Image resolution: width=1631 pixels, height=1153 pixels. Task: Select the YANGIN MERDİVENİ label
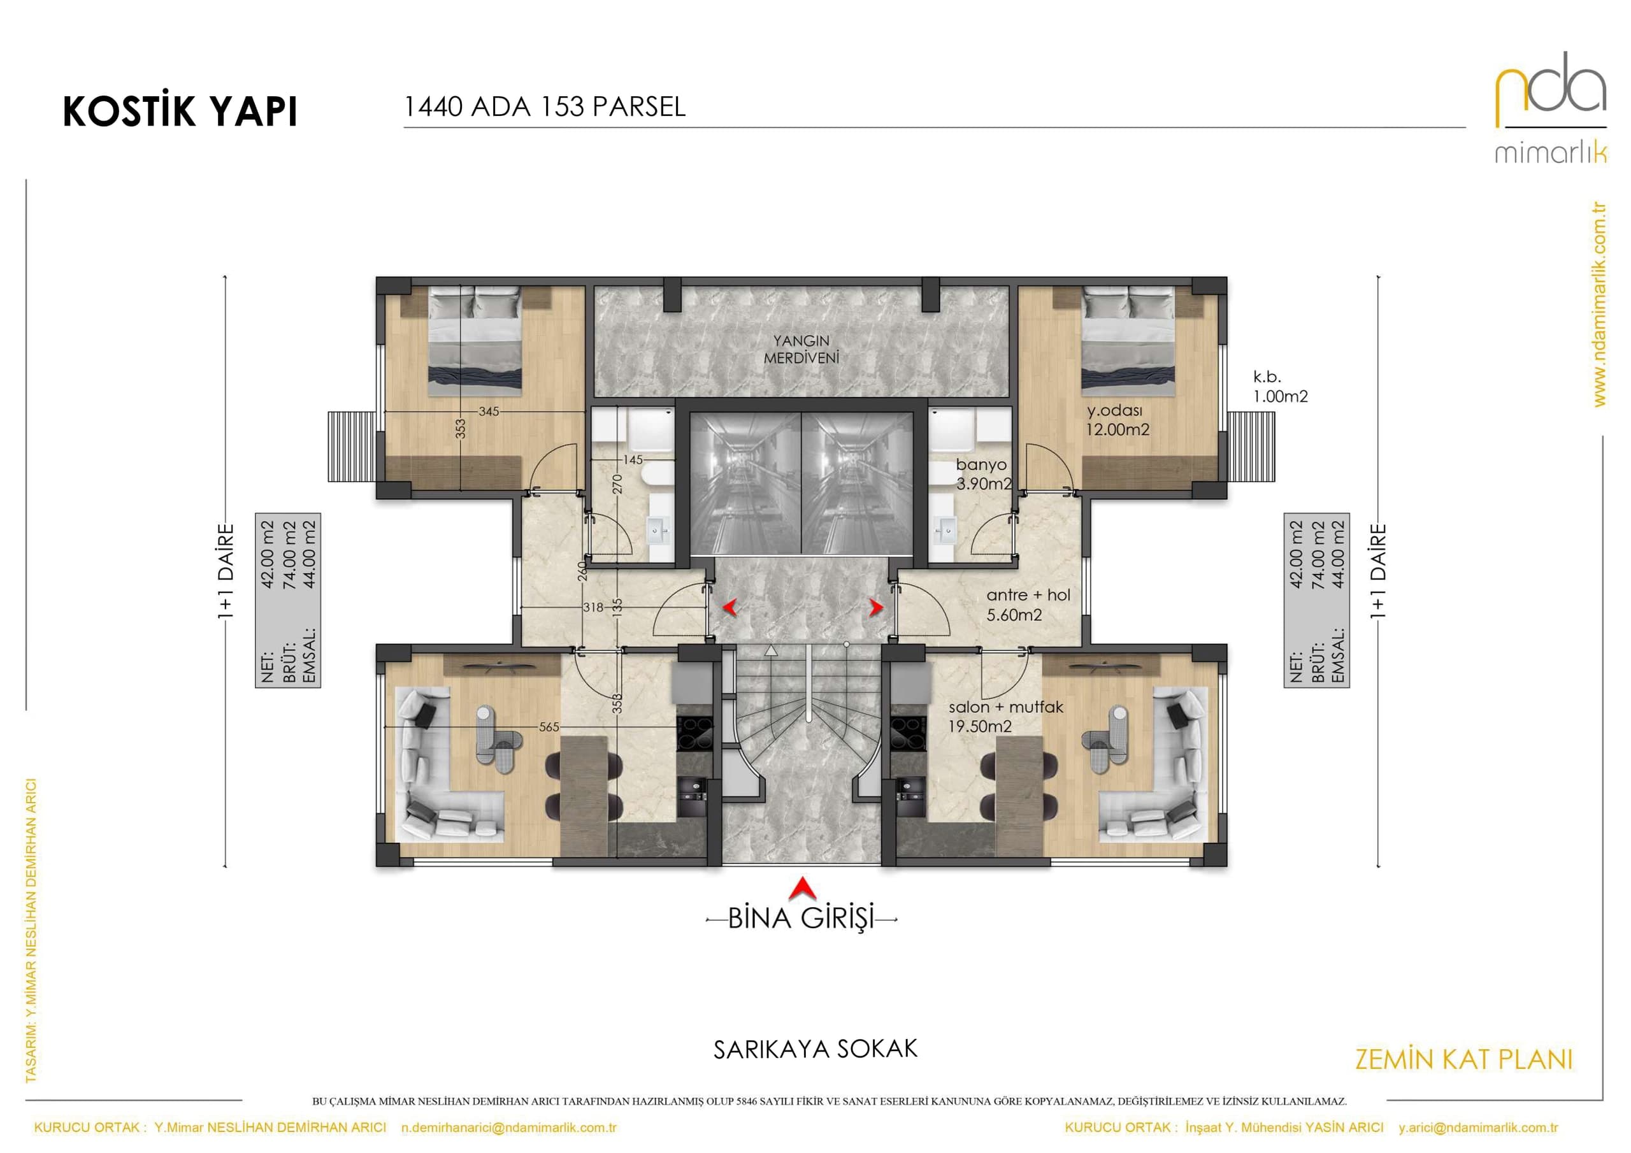click(x=801, y=350)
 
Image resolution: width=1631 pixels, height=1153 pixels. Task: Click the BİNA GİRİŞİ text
click(x=801, y=918)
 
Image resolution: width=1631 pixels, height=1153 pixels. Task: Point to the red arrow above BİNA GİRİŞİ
click(x=802, y=888)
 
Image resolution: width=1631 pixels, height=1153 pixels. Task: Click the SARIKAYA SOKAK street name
click(x=815, y=1049)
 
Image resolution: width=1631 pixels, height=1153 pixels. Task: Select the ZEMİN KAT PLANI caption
click(x=1464, y=1059)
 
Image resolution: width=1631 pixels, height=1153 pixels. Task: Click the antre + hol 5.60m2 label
click(x=1028, y=605)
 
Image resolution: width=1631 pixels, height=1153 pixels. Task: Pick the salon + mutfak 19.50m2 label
click(x=1006, y=716)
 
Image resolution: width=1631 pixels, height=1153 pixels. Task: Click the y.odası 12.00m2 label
click(x=1117, y=419)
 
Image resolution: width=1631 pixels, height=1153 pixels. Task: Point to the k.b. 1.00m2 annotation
click(x=1280, y=387)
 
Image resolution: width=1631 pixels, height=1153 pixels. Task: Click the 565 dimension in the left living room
click(x=549, y=727)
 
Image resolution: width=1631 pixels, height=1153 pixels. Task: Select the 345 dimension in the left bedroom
click(x=489, y=412)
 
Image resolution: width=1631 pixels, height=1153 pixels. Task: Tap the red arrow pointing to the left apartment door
click(x=729, y=608)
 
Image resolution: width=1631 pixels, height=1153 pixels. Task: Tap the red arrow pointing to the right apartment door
click(x=877, y=608)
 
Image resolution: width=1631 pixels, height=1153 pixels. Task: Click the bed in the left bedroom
click(x=475, y=341)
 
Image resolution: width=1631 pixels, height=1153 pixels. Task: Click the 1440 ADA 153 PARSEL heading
click(x=545, y=106)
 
